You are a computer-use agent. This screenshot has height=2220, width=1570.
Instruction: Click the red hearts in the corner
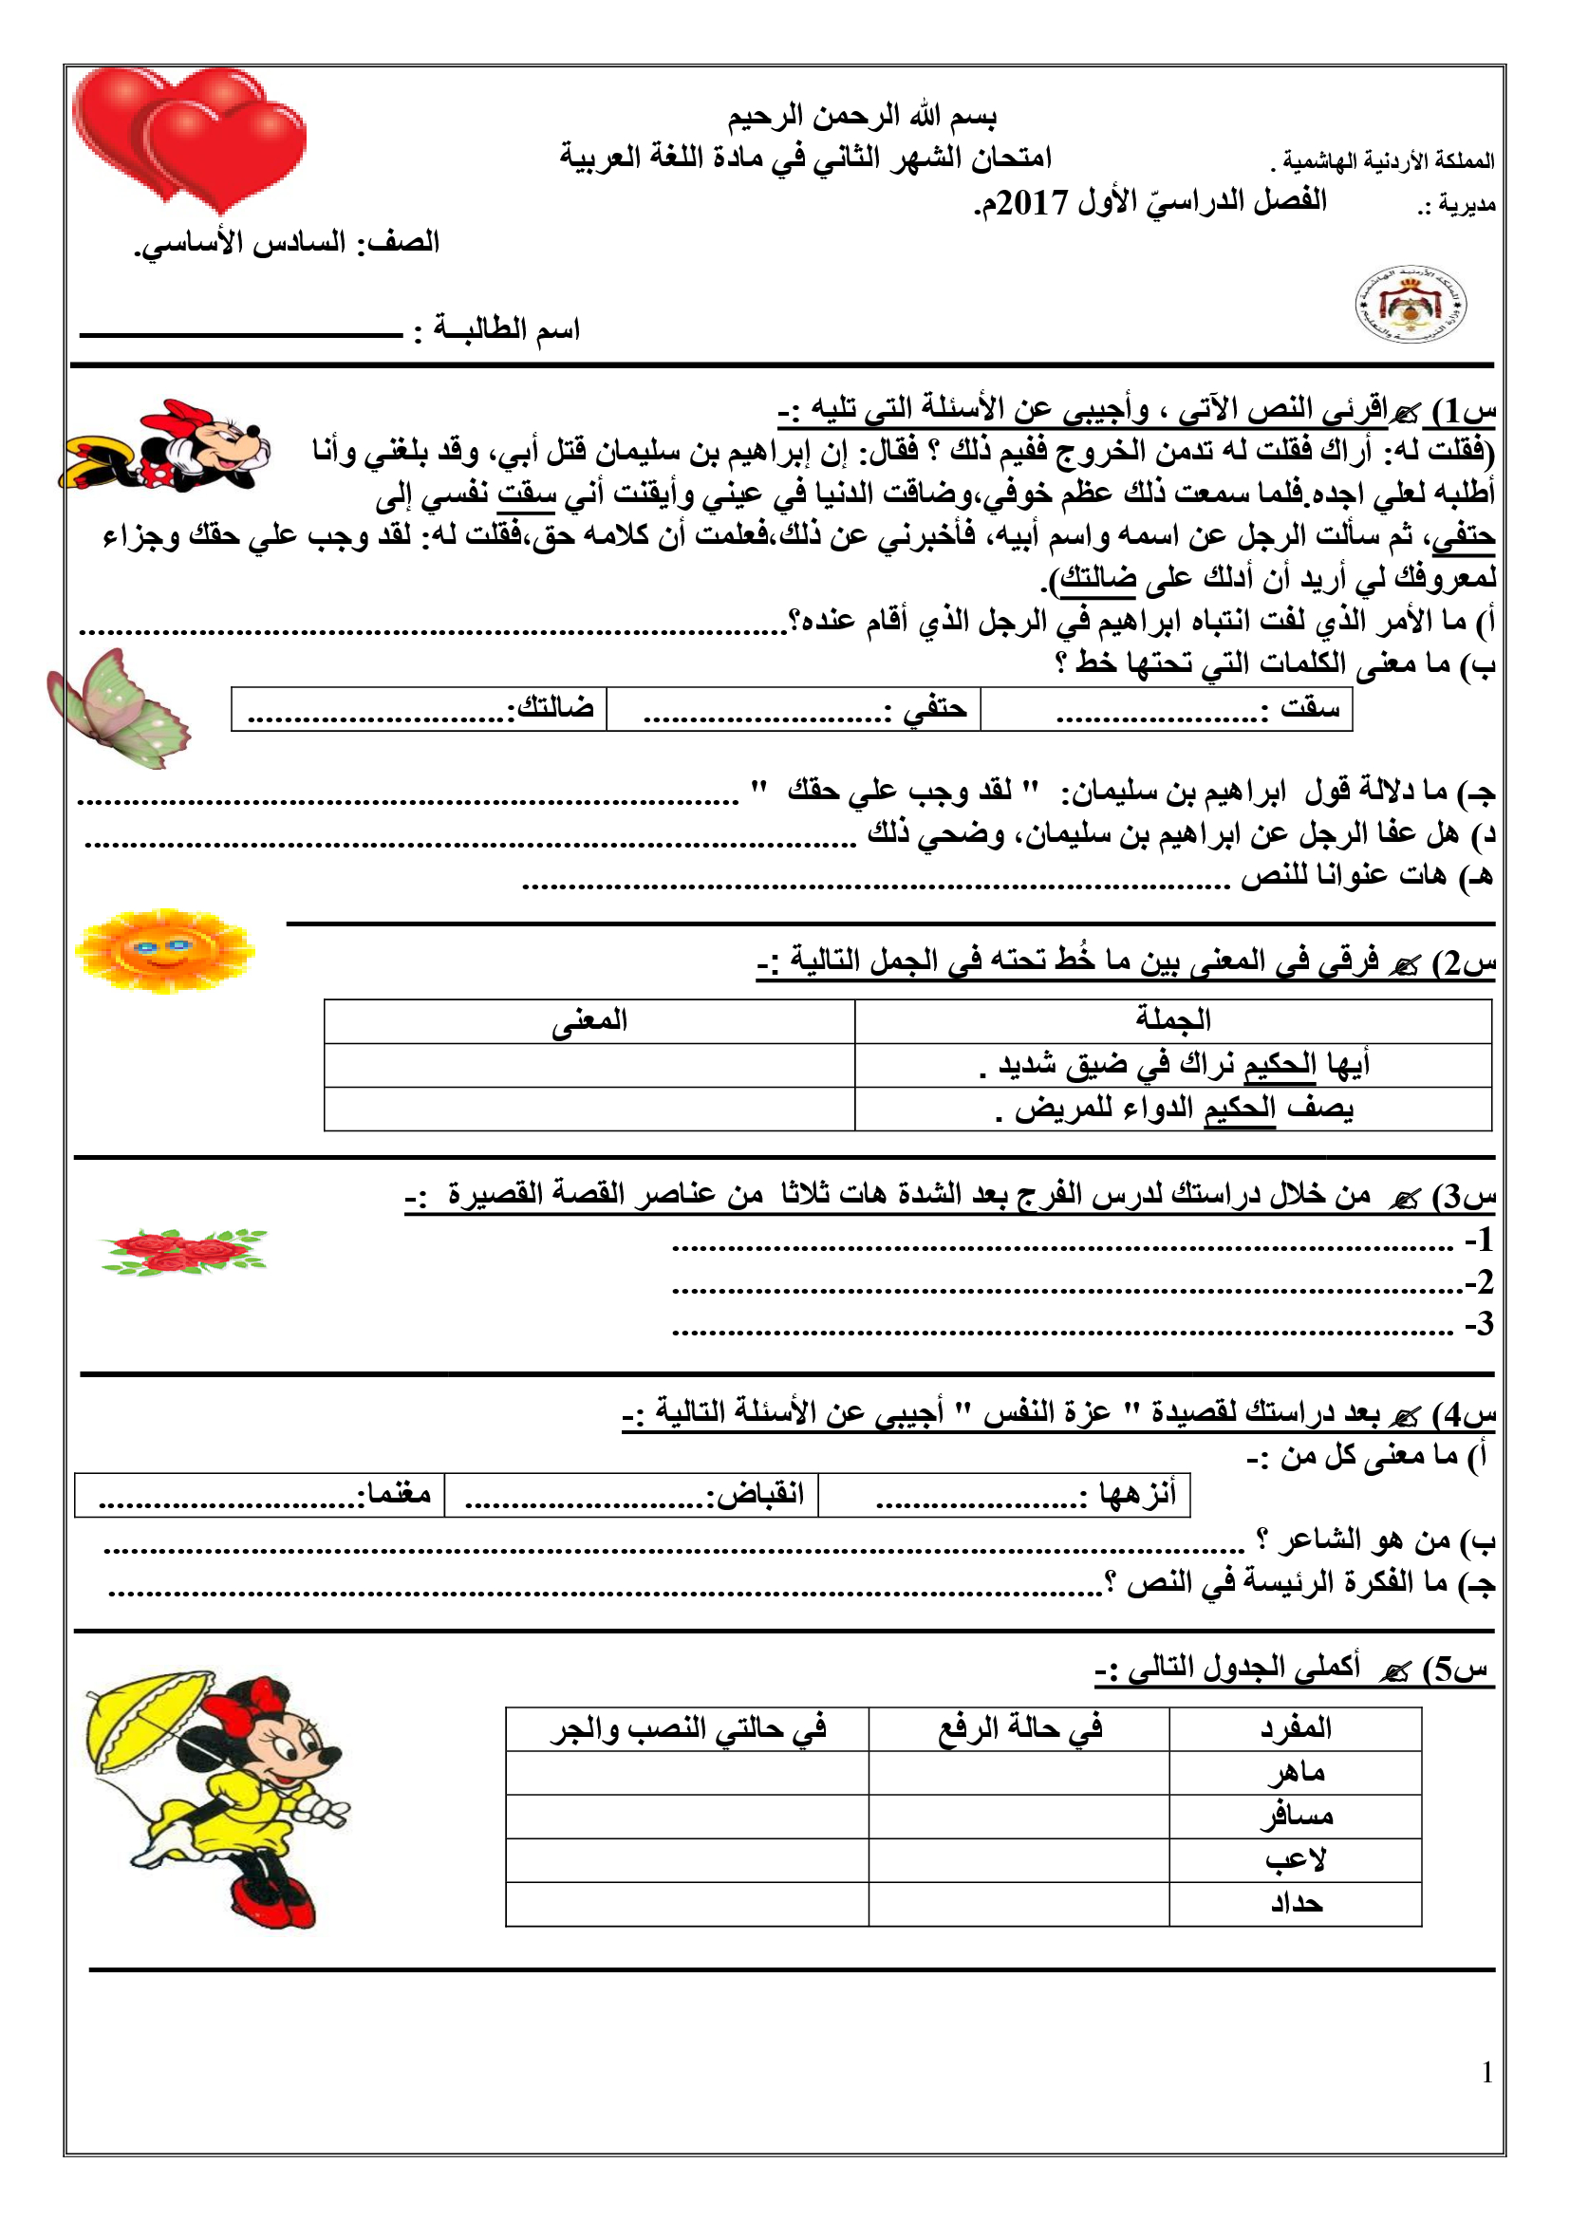click(189, 136)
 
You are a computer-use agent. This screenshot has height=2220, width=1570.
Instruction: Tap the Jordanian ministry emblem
click(1410, 305)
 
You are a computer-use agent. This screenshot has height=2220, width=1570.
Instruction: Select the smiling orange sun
click(164, 951)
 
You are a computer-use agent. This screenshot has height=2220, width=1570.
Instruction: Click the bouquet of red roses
click(184, 1251)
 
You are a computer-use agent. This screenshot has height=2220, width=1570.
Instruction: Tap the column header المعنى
click(589, 1021)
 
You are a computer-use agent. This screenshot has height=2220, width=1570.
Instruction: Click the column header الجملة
click(1172, 1021)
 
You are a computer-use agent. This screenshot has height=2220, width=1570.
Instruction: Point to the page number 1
click(1486, 2072)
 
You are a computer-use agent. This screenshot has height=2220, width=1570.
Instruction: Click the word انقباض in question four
click(756, 1493)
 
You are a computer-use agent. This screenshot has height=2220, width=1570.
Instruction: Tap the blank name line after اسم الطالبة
click(242, 334)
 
